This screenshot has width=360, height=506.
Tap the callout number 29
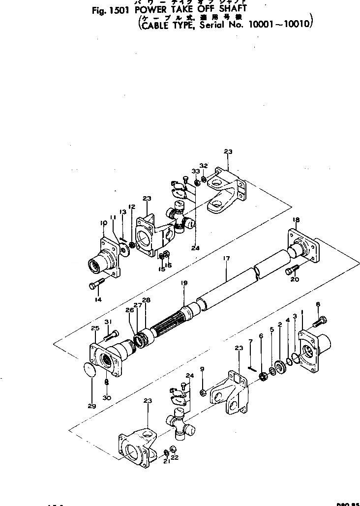[91, 406]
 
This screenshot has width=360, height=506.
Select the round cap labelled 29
[88, 370]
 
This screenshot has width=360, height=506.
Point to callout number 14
[98, 299]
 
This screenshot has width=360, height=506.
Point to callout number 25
[95, 328]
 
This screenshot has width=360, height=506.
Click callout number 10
[103, 223]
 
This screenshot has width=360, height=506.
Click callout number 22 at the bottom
[175, 457]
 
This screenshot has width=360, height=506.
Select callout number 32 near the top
[204, 165]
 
